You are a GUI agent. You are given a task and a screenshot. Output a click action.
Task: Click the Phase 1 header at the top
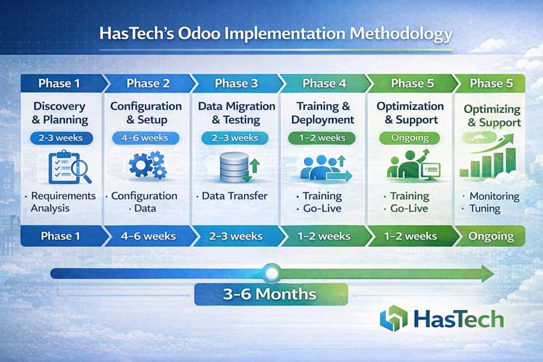click(x=59, y=83)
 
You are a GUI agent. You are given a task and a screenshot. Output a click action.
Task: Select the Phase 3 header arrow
click(x=236, y=83)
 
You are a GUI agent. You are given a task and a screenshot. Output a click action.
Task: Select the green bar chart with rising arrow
click(x=492, y=161)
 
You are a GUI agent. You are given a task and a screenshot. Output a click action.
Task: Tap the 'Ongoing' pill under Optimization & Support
click(x=410, y=138)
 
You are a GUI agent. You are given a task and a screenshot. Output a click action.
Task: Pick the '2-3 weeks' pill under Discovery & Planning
click(x=60, y=138)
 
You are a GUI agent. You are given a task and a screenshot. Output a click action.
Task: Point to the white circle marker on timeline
click(x=271, y=274)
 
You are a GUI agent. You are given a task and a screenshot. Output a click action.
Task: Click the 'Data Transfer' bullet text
click(x=232, y=195)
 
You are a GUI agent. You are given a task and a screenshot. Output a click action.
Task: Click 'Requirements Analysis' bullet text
click(x=61, y=202)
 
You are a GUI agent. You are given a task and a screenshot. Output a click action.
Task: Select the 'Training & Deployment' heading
click(x=322, y=113)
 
